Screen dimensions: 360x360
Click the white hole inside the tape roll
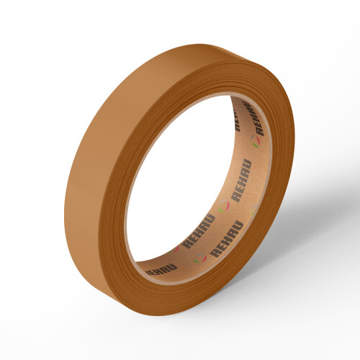pyautogui.click(x=180, y=180)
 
